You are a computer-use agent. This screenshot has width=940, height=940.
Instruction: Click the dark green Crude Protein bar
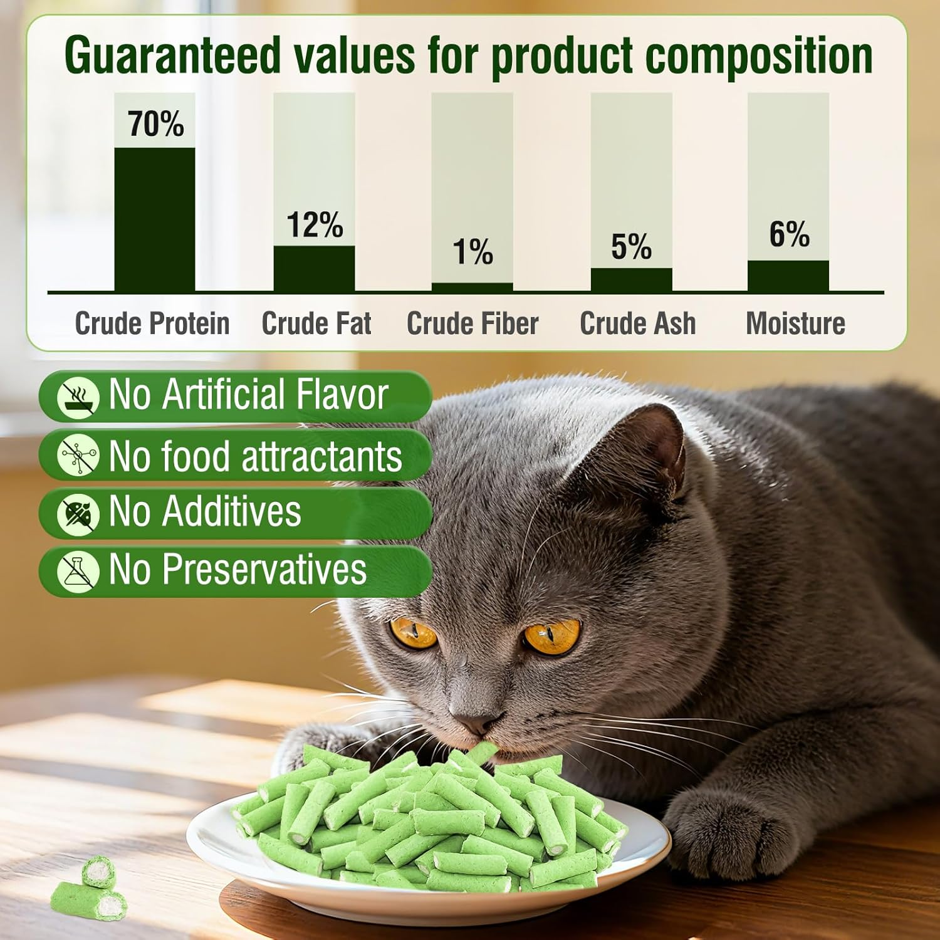(x=154, y=219)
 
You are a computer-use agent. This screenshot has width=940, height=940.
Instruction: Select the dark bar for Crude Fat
(x=314, y=268)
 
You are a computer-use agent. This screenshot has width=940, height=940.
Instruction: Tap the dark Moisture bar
(x=788, y=276)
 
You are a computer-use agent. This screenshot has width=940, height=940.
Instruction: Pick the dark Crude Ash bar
(x=631, y=279)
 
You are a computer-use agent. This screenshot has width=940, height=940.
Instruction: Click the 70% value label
(x=156, y=123)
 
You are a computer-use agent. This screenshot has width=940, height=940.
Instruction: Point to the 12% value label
(x=315, y=224)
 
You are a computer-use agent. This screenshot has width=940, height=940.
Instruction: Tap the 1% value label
(x=473, y=252)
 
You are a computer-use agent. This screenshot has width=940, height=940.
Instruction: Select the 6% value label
(x=789, y=234)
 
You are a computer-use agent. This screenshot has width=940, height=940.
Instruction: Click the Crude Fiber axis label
(x=473, y=324)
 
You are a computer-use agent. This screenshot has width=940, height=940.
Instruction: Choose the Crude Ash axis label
(x=637, y=324)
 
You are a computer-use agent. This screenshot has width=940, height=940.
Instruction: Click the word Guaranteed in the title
(x=172, y=56)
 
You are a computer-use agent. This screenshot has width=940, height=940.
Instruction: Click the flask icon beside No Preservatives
(x=78, y=571)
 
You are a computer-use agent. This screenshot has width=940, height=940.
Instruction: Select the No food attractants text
(x=255, y=456)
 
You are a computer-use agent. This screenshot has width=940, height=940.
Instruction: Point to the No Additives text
(x=205, y=511)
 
